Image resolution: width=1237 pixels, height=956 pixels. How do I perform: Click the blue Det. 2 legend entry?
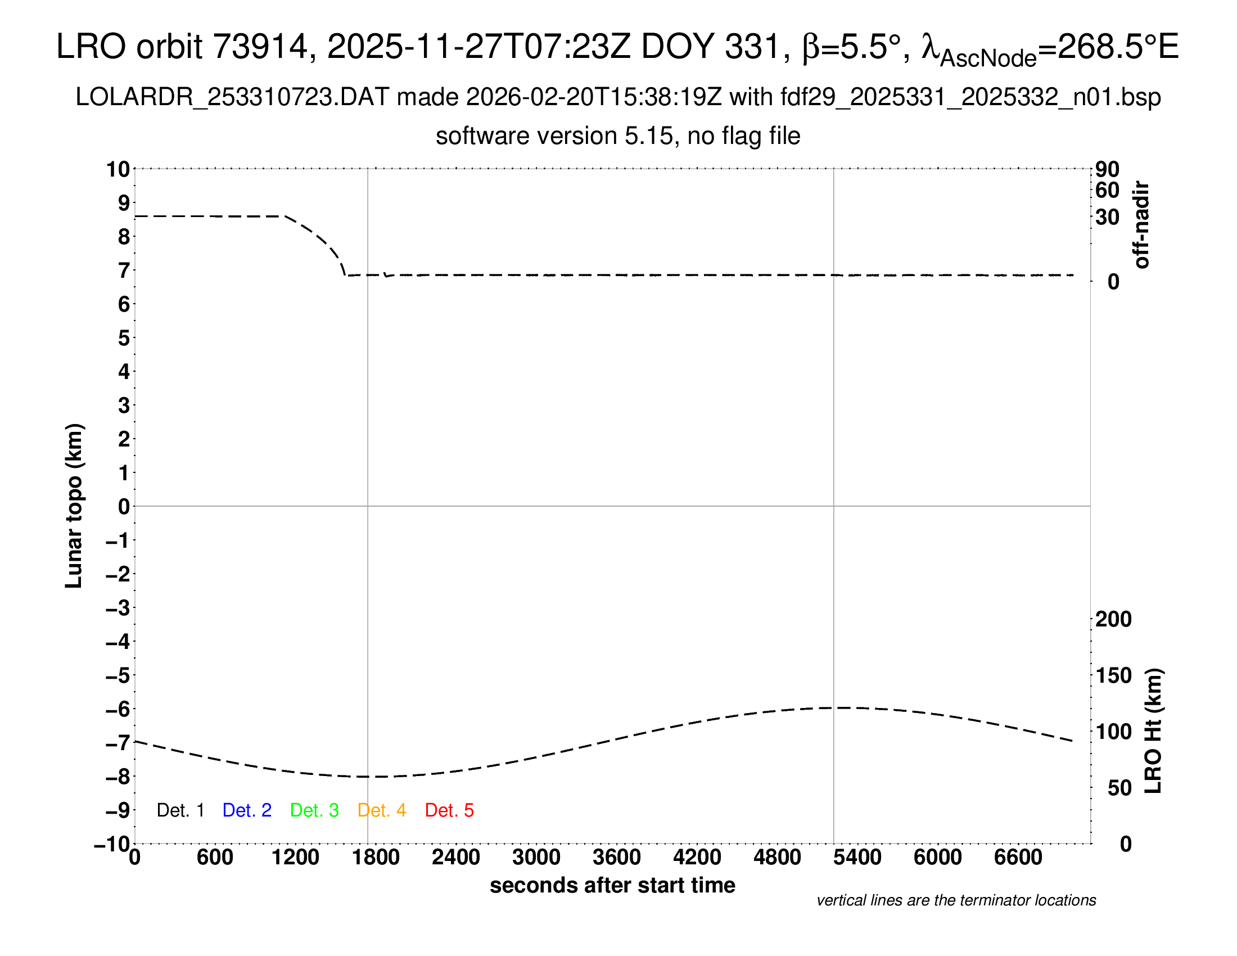(x=247, y=810)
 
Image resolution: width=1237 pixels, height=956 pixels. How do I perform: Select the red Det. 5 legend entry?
(x=449, y=810)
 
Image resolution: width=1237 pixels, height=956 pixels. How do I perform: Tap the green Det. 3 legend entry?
(x=314, y=810)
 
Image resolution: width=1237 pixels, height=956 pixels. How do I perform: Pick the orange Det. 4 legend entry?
(x=382, y=810)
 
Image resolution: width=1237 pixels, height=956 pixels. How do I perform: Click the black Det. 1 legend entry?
(x=180, y=810)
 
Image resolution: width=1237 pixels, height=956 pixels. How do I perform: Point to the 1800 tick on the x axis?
(x=376, y=858)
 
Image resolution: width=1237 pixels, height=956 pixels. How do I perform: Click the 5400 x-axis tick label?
(x=857, y=858)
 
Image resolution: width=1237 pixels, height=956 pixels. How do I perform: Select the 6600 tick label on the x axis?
(x=1018, y=858)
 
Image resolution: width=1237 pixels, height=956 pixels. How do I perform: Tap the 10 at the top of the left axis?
(x=119, y=169)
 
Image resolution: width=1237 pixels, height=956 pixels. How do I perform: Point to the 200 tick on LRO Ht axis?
(x=1113, y=619)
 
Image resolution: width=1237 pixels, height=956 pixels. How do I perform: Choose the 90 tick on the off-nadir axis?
(x=1107, y=169)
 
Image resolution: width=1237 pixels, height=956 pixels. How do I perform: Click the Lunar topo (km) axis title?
(x=74, y=506)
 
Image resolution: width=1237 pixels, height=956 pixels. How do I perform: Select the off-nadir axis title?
(x=1141, y=225)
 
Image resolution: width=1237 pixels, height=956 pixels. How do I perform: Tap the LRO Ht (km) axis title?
(x=1153, y=730)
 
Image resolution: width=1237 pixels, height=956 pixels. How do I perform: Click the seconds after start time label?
(x=612, y=885)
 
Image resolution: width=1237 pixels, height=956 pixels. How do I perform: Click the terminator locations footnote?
(x=956, y=900)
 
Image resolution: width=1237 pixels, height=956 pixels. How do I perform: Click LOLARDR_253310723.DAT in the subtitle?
(x=232, y=97)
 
